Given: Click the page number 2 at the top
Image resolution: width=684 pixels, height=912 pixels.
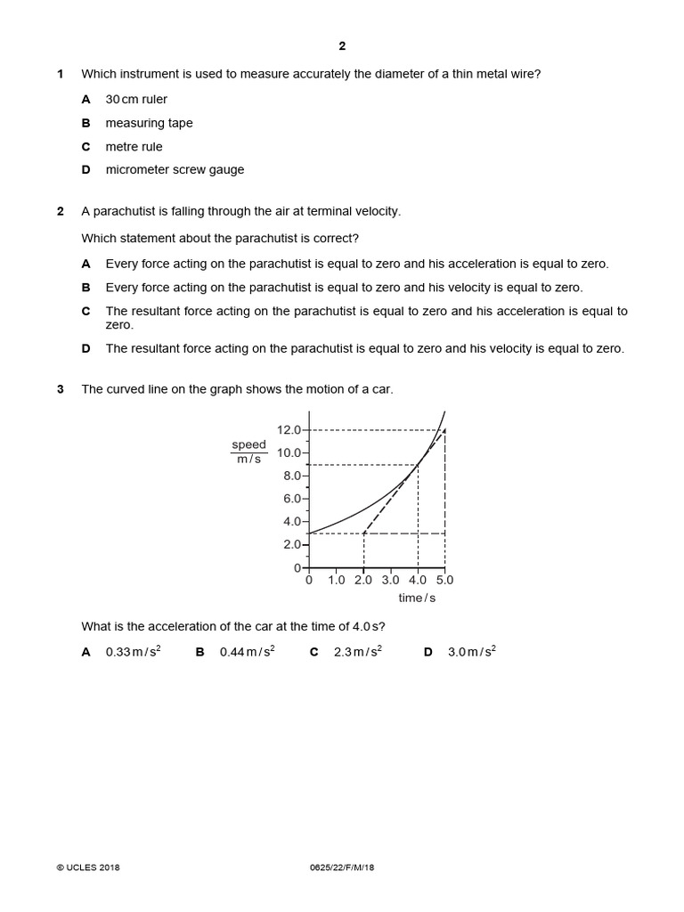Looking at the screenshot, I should pyautogui.click(x=342, y=46).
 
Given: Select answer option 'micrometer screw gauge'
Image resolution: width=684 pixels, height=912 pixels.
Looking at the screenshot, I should pyautogui.click(x=175, y=169).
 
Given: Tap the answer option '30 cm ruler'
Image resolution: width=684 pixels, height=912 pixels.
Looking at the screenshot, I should pyautogui.click(x=136, y=99).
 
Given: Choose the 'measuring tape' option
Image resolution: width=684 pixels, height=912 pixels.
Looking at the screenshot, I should pyautogui.click(x=149, y=123).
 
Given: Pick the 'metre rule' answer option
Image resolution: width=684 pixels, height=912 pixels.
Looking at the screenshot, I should pyautogui.click(x=134, y=146).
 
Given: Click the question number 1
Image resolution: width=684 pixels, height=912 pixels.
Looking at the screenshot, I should pyautogui.click(x=61, y=74).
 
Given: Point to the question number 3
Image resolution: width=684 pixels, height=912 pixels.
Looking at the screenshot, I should pyautogui.click(x=61, y=389).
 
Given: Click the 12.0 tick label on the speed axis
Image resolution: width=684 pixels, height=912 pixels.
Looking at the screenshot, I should pyautogui.click(x=289, y=430).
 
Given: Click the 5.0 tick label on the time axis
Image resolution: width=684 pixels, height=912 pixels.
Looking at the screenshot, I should pyautogui.click(x=444, y=580).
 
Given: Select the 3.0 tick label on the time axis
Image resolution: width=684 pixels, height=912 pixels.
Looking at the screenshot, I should pyautogui.click(x=390, y=580).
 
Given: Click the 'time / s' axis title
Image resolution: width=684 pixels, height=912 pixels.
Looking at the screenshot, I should pyautogui.click(x=417, y=598).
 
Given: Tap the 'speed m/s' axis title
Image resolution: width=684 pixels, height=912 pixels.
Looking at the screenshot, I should pyautogui.click(x=249, y=452).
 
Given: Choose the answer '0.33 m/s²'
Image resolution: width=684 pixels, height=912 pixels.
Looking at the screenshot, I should pyautogui.click(x=133, y=652).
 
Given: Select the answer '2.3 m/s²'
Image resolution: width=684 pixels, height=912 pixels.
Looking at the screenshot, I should pyautogui.click(x=357, y=652).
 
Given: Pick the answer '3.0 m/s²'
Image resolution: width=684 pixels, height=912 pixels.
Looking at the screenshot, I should pyautogui.click(x=471, y=652).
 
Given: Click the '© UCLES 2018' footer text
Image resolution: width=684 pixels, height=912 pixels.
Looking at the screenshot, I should pyautogui.click(x=87, y=867).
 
